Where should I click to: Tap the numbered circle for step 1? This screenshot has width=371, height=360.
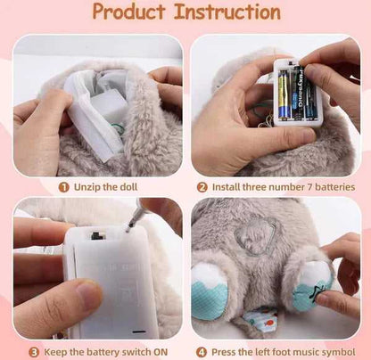point(64,187)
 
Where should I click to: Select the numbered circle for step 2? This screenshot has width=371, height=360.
point(202,187)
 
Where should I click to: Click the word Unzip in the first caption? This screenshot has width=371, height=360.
point(87,187)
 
